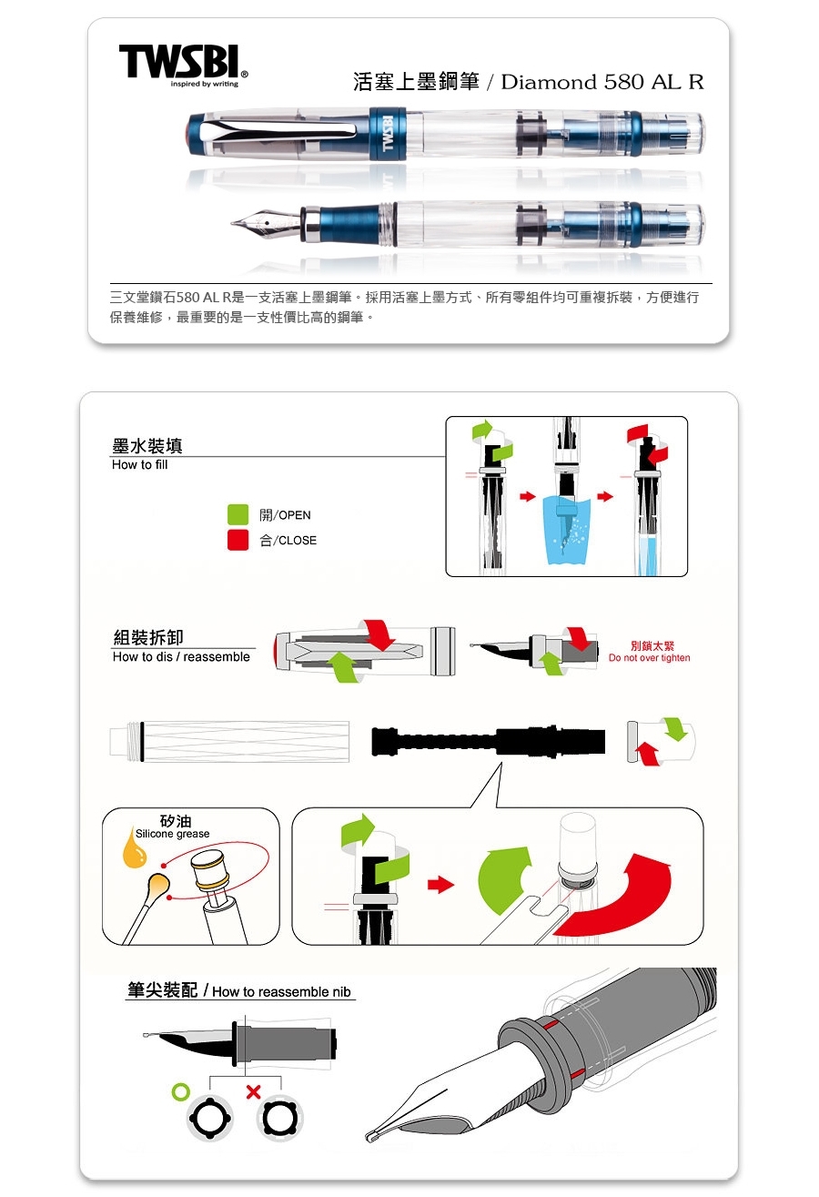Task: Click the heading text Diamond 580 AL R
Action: coord(602,82)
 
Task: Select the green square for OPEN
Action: coord(238,514)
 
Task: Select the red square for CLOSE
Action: coord(238,540)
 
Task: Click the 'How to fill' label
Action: coord(139,465)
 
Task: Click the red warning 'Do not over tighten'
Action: coord(649,658)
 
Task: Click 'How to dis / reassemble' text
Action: coord(181,656)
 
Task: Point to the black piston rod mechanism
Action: coord(489,741)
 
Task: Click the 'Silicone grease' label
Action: coord(172,834)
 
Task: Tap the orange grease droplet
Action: coord(134,848)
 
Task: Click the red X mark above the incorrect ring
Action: coord(253,1092)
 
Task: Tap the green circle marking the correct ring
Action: coord(180,1091)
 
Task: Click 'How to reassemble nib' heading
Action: coord(281,992)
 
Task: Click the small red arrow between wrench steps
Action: coord(440,885)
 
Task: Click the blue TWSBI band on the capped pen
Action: coord(388,134)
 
